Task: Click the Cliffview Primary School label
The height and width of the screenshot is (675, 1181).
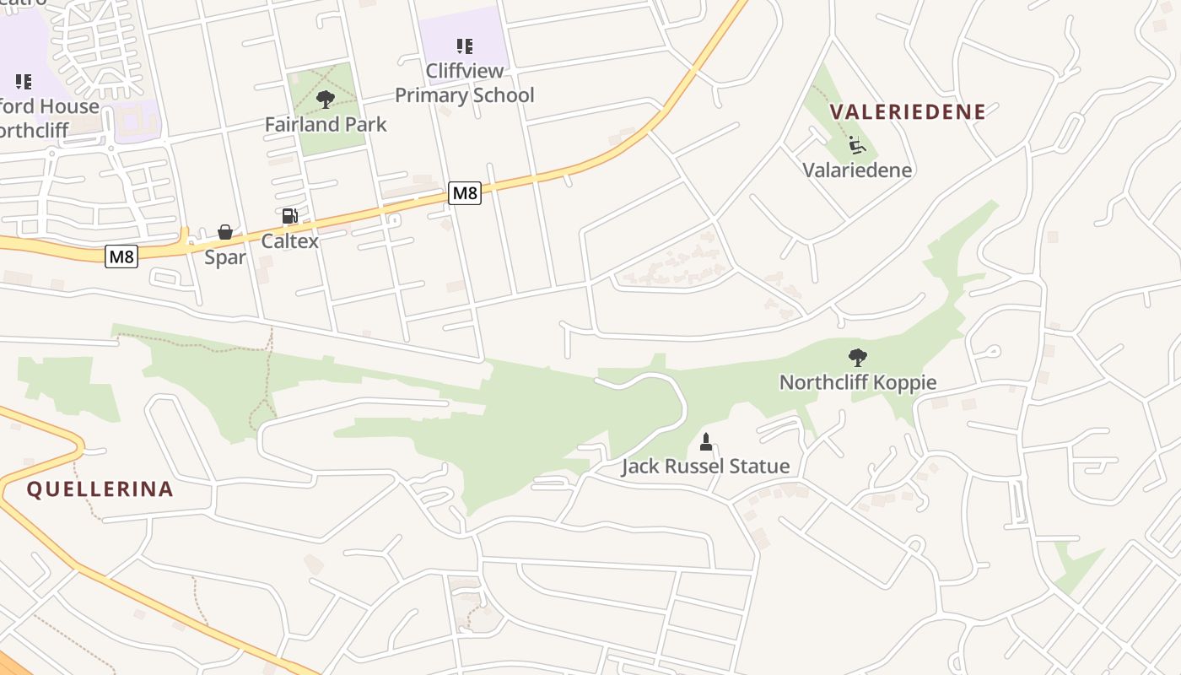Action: (464, 83)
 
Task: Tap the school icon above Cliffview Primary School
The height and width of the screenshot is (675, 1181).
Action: (464, 46)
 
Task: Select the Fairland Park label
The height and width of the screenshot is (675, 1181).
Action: (326, 124)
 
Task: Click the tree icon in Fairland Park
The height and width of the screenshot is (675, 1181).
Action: (325, 100)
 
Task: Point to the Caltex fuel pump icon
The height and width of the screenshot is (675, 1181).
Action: (289, 216)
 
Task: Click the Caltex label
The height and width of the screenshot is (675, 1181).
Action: (289, 240)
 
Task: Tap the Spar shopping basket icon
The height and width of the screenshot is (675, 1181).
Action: (225, 232)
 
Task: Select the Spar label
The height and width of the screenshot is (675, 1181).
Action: (225, 257)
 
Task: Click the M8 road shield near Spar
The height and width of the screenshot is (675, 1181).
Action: (121, 256)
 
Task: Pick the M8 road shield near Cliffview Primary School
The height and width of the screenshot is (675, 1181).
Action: (464, 193)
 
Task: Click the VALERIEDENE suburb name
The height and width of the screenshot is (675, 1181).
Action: (908, 112)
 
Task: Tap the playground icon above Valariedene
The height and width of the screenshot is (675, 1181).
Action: (857, 145)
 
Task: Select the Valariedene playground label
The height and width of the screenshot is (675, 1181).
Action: (857, 170)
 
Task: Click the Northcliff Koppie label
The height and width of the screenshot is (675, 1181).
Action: (857, 382)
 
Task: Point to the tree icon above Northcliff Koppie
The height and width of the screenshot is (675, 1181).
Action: (857, 358)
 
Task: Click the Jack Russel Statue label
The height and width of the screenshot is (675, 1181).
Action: (705, 466)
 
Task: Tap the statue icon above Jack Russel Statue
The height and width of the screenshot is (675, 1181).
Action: (706, 441)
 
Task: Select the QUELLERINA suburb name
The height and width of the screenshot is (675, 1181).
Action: (100, 489)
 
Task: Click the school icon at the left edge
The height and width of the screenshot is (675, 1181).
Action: (24, 82)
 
